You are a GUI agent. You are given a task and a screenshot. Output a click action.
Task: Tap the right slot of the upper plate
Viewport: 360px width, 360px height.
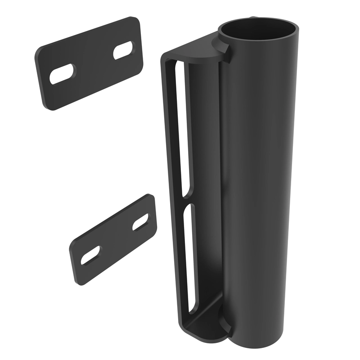click(x=123, y=50)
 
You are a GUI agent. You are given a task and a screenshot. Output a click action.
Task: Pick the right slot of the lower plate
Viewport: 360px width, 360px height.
click(x=140, y=221)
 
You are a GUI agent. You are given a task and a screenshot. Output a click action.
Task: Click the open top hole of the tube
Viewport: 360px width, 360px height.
click(x=259, y=32)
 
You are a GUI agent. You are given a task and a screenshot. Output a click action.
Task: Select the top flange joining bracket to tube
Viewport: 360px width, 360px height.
click(x=198, y=49)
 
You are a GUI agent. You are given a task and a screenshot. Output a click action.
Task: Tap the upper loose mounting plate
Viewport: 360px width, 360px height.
click(x=90, y=63)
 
